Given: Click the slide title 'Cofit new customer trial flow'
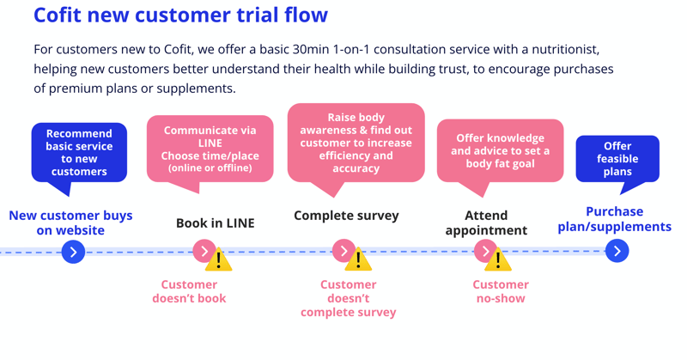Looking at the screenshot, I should pyautogui.click(x=180, y=15).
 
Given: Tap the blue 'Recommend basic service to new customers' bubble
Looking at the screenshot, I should pyautogui.click(x=79, y=152).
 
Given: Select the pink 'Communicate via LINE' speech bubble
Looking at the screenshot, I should pyautogui.click(x=210, y=148).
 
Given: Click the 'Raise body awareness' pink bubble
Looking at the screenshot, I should pyautogui.click(x=356, y=143).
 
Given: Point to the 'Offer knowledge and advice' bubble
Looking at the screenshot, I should pyautogui.click(x=500, y=150).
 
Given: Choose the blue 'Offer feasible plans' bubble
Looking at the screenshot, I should pyautogui.click(x=617, y=158).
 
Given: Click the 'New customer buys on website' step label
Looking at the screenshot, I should pyautogui.click(x=70, y=223).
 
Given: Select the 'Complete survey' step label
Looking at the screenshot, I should pyautogui.click(x=346, y=216).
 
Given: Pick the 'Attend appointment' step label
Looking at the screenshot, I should pyautogui.click(x=486, y=223).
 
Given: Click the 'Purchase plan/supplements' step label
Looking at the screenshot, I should pyautogui.click(x=614, y=219).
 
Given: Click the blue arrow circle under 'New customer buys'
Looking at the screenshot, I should pyautogui.click(x=74, y=252).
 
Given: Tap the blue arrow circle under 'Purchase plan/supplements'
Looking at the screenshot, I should pyautogui.click(x=617, y=251).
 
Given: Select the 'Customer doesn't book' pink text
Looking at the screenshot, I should pyautogui.click(x=189, y=291).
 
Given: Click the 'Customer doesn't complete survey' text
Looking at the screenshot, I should pyautogui.click(x=348, y=298).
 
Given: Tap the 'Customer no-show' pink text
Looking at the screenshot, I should pyautogui.click(x=500, y=291).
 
